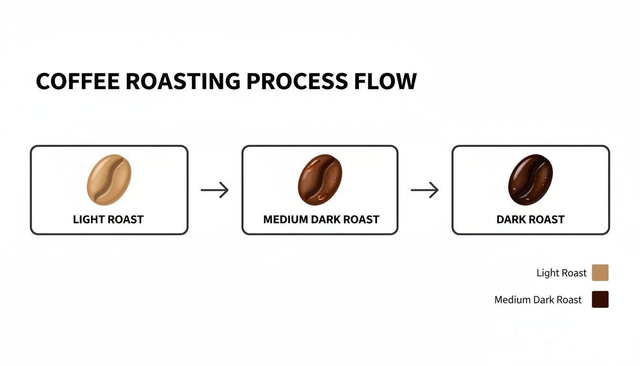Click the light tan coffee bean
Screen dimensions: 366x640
point(109,180)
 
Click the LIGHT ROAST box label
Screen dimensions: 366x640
point(108,220)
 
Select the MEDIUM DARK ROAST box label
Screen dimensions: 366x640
point(321,220)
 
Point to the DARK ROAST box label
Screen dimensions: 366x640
point(530,220)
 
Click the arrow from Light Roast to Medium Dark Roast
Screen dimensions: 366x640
point(215,190)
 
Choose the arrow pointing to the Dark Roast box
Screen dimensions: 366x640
point(425,190)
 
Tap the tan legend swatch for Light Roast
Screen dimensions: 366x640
point(600,273)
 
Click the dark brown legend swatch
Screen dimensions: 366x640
point(600,300)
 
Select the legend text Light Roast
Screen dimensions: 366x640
point(561,273)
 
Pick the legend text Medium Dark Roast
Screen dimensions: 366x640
point(538,300)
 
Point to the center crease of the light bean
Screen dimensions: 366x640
point(109,180)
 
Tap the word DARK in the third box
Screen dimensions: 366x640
point(510,220)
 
